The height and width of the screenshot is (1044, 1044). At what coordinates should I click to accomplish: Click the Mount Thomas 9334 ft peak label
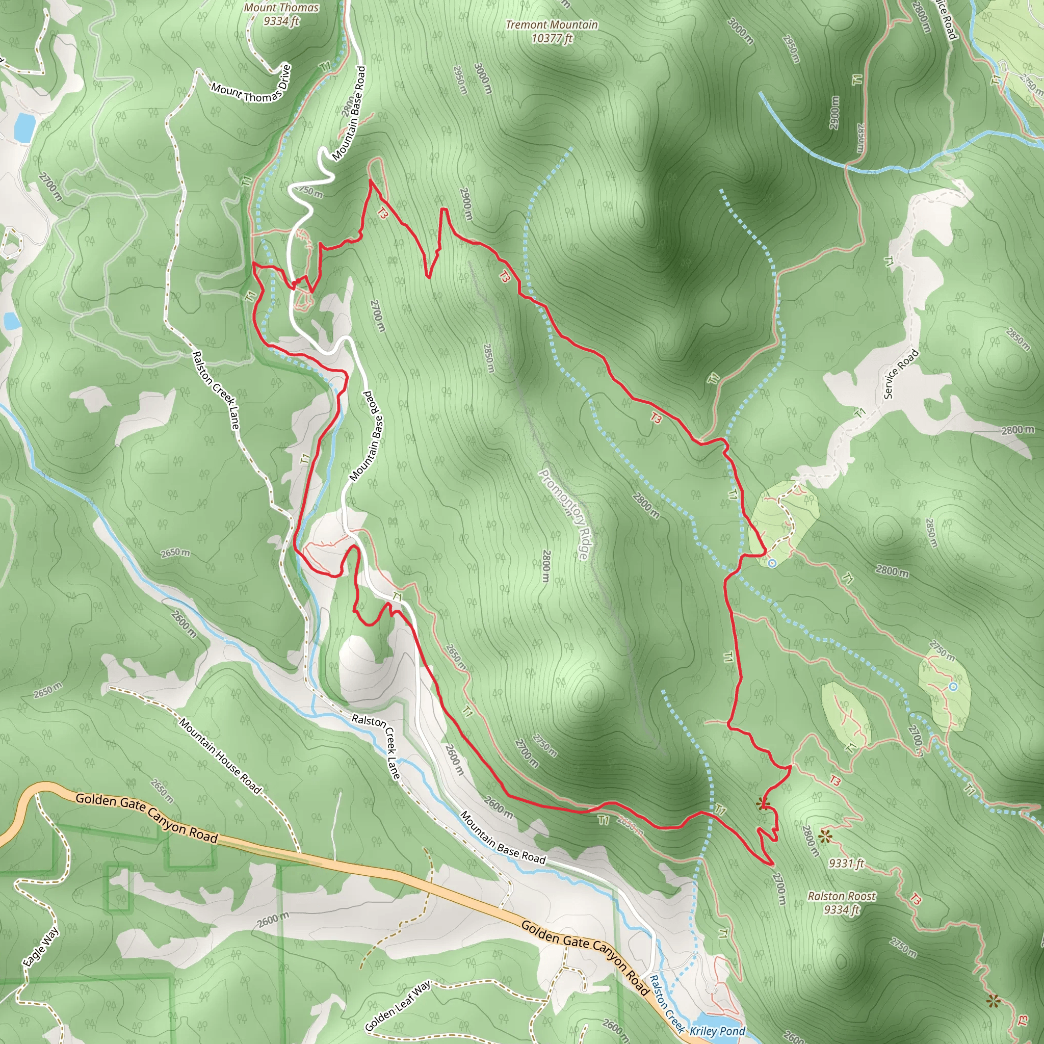(x=281, y=15)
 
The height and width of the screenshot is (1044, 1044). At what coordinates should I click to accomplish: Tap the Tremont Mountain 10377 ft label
(x=552, y=31)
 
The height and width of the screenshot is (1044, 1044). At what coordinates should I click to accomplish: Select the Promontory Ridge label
(x=564, y=514)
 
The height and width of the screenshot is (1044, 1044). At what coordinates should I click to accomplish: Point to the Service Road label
(x=901, y=374)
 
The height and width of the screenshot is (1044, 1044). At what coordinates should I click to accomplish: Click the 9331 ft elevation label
(x=846, y=864)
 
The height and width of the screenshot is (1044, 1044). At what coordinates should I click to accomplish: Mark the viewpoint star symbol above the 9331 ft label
(x=825, y=838)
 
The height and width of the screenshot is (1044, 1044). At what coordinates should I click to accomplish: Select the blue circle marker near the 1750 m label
(x=953, y=687)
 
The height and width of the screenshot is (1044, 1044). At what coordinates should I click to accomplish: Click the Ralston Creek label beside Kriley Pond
(x=667, y=1005)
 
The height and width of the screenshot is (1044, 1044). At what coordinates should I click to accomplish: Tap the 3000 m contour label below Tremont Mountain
(x=483, y=79)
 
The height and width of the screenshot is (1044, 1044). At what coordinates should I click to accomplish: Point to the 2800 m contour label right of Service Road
(x=1017, y=430)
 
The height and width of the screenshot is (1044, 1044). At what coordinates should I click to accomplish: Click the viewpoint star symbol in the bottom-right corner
(x=993, y=1001)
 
